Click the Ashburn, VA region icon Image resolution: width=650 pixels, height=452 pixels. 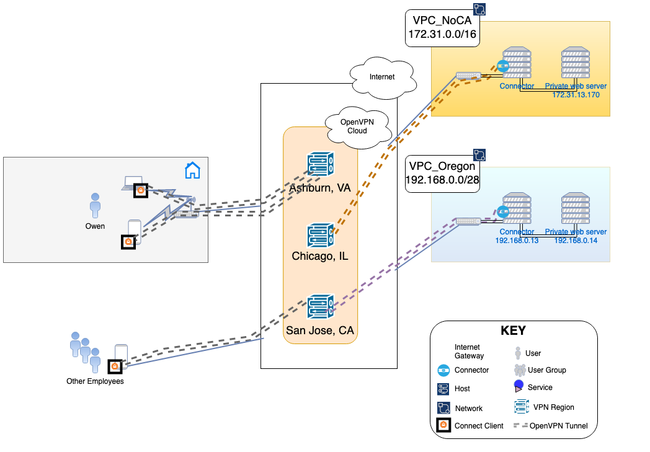321,166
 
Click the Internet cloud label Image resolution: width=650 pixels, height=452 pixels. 382,78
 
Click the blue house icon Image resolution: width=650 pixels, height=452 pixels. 192,170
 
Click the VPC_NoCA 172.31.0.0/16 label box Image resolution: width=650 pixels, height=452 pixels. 442,28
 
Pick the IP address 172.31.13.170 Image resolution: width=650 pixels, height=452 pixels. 576,95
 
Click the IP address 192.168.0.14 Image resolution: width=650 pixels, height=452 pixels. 576,241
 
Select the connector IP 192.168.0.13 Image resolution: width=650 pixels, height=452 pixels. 517,241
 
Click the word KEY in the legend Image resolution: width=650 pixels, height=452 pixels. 514,330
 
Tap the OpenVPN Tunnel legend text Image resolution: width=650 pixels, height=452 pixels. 558,426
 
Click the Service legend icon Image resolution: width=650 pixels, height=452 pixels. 519,387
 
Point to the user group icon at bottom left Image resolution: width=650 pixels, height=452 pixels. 85,352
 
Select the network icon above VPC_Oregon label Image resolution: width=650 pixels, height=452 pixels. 479,154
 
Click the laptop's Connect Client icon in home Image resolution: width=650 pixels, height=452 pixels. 141,191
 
